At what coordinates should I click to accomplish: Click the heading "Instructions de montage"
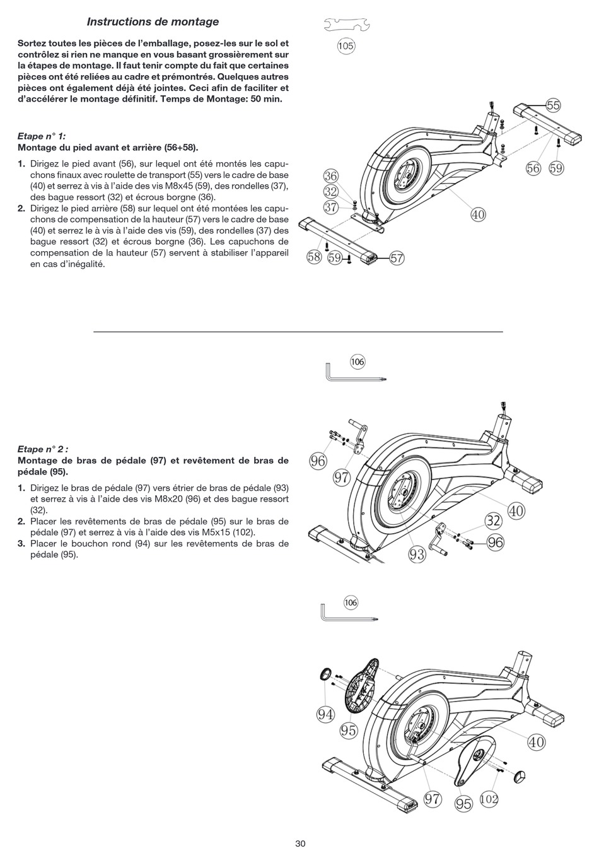coord(153,22)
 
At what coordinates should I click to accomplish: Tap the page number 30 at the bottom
coord(300,844)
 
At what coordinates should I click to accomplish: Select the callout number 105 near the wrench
coord(346,46)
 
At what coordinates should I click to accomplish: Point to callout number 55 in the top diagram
coord(553,106)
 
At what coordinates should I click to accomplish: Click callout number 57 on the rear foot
coord(397,258)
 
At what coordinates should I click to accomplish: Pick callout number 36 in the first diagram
coord(331,177)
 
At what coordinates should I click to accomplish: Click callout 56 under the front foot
coord(534,168)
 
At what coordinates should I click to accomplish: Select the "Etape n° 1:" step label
coord(42,136)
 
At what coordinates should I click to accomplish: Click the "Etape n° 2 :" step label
coord(43,449)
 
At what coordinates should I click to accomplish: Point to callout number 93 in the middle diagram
coord(417,555)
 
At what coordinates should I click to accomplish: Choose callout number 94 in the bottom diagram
coord(325,715)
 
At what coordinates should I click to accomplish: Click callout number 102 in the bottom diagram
coord(489,799)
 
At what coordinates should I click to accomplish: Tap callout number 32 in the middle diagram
coord(494,521)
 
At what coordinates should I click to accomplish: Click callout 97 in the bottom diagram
coord(433,799)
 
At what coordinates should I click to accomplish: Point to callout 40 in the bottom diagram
coord(537,743)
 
